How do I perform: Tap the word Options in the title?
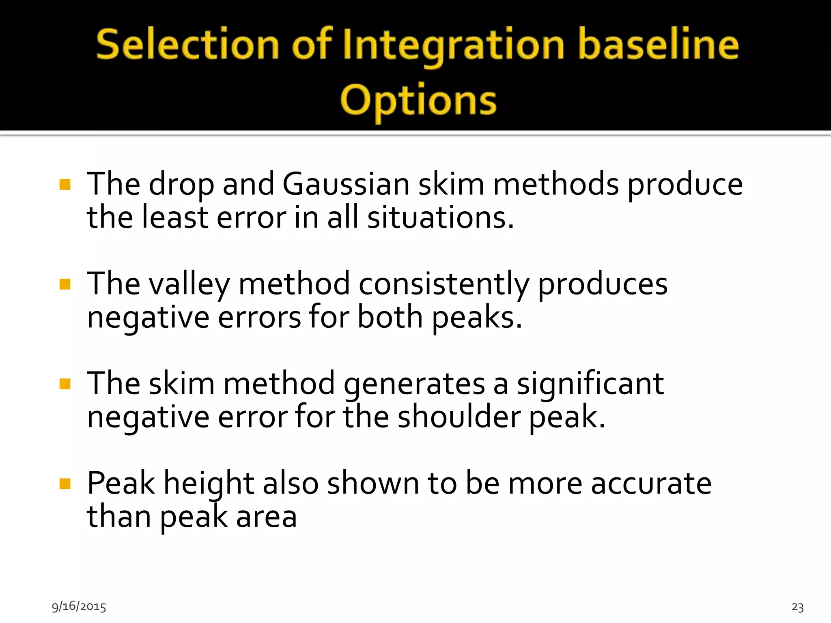point(418,100)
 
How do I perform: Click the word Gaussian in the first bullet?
point(346,185)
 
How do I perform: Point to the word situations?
point(440,218)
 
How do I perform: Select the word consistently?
point(444,284)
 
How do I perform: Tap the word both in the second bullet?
point(390,317)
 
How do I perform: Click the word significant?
point(590,384)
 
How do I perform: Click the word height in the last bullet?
point(209,483)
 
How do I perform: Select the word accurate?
point(651,483)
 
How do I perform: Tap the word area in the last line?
point(266,517)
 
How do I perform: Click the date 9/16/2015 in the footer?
point(79,606)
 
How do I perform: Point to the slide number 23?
point(797,607)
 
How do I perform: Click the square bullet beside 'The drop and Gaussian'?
point(65,185)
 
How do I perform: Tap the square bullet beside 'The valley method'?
point(65,284)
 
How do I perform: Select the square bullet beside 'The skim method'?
point(65,384)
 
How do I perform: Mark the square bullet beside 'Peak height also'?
point(65,483)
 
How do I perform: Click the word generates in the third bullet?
point(414,384)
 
